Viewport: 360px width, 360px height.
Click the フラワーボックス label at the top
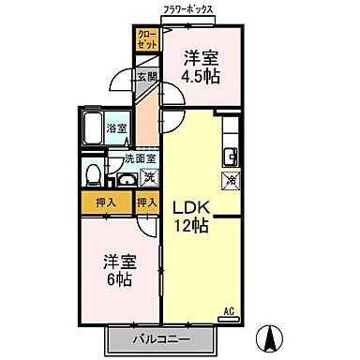coord(190,9)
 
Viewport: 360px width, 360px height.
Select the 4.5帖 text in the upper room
coord(201,76)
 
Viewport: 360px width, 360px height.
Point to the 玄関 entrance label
coord(147,78)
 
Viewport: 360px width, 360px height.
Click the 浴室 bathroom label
coord(116,127)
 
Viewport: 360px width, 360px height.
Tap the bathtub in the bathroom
coord(94,127)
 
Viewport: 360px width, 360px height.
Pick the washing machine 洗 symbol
coord(148,175)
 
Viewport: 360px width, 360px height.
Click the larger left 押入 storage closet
coord(104,202)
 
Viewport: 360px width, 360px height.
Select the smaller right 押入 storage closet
coord(146,202)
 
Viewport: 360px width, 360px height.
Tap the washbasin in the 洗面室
coord(123,178)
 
